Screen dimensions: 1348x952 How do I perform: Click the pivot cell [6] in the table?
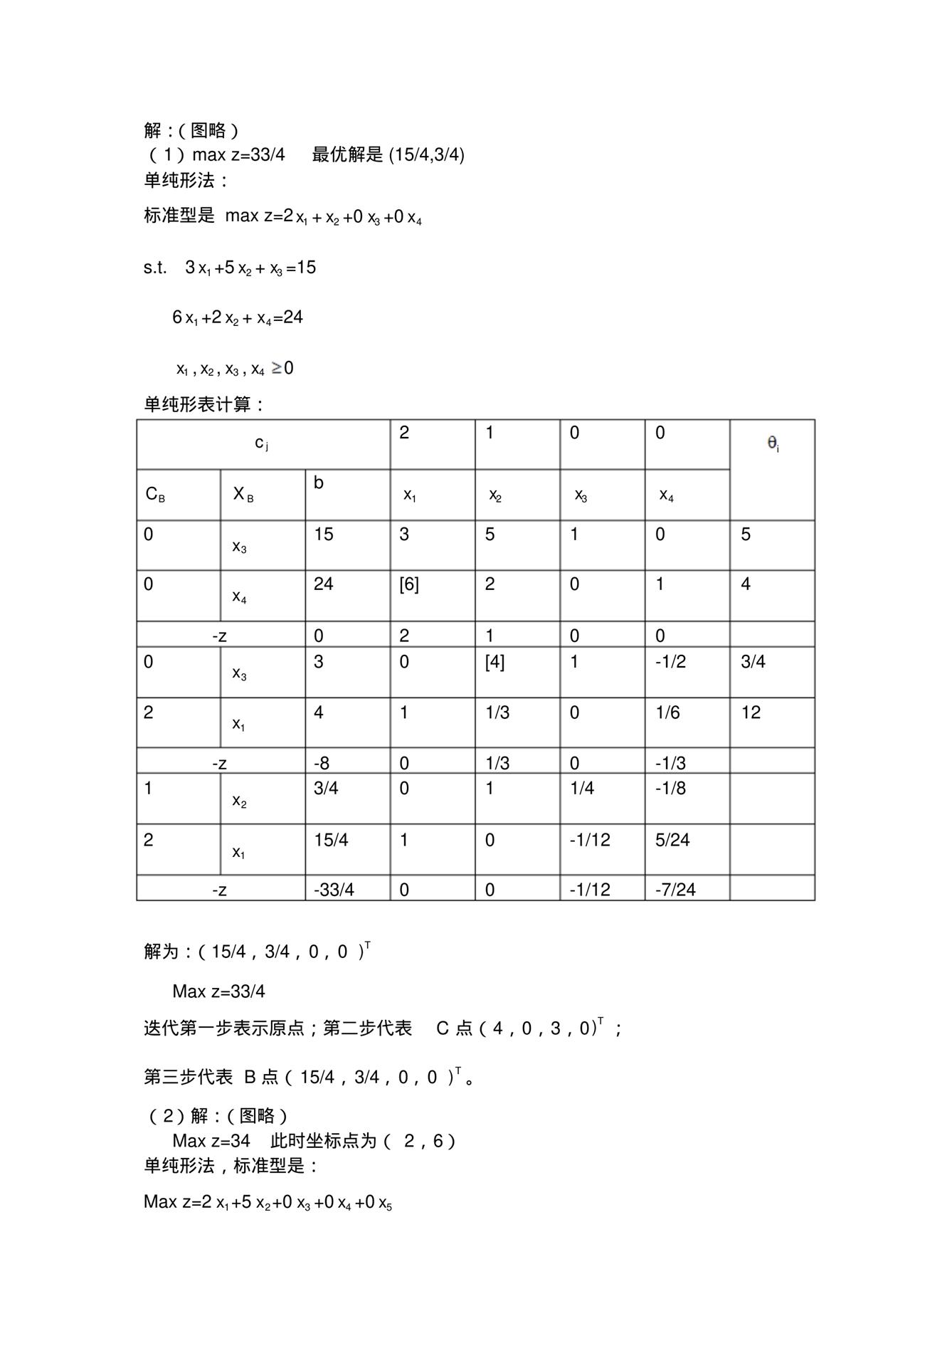tap(409, 584)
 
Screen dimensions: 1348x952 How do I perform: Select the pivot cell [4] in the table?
tap(494, 662)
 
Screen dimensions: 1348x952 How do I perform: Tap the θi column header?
tap(773, 444)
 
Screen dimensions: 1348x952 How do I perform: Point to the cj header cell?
tap(262, 443)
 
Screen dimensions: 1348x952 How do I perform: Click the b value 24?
tap(324, 584)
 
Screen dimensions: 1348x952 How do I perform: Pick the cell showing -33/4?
tap(334, 890)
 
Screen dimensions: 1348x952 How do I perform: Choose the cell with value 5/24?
tap(672, 840)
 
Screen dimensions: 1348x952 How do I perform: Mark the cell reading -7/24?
tap(675, 890)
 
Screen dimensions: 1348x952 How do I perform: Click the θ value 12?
tap(751, 712)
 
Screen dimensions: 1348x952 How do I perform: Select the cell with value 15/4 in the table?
tap(331, 840)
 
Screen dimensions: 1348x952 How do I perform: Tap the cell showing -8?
tap(322, 764)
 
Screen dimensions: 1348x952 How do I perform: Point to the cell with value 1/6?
tap(667, 712)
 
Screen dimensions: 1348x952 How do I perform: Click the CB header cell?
tap(155, 494)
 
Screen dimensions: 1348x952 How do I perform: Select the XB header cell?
tap(243, 494)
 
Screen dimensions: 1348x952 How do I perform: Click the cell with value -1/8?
tap(670, 789)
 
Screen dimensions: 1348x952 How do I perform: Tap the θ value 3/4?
tap(753, 662)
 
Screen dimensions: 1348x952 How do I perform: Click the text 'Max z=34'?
tap(211, 1141)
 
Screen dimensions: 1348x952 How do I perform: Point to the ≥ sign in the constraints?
tap(277, 368)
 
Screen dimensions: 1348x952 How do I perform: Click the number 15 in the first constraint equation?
tap(307, 268)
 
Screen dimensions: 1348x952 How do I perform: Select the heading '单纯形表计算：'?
tap(205, 404)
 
